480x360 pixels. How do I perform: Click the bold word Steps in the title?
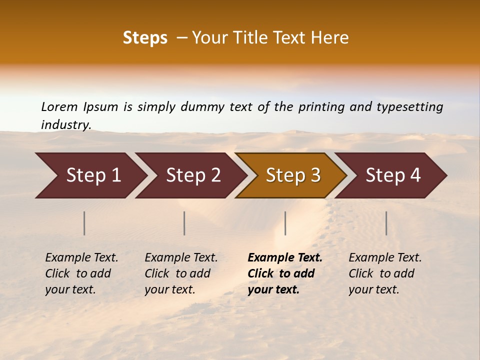pos(145,38)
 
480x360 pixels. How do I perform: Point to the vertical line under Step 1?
pos(84,223)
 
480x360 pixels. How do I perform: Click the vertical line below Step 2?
pos(184,223)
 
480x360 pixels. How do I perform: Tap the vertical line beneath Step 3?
pos(285,223)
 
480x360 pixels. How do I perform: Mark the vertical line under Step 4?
pos(386,223)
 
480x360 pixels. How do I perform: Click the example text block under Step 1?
pos(81,273)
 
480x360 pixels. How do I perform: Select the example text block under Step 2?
pos(181,273)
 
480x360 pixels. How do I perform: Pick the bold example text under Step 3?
pos(285,273)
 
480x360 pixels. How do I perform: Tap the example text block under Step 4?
pos(385,273)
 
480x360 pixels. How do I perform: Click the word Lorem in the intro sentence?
pos(59,106)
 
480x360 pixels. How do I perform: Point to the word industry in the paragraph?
pos(66,125)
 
